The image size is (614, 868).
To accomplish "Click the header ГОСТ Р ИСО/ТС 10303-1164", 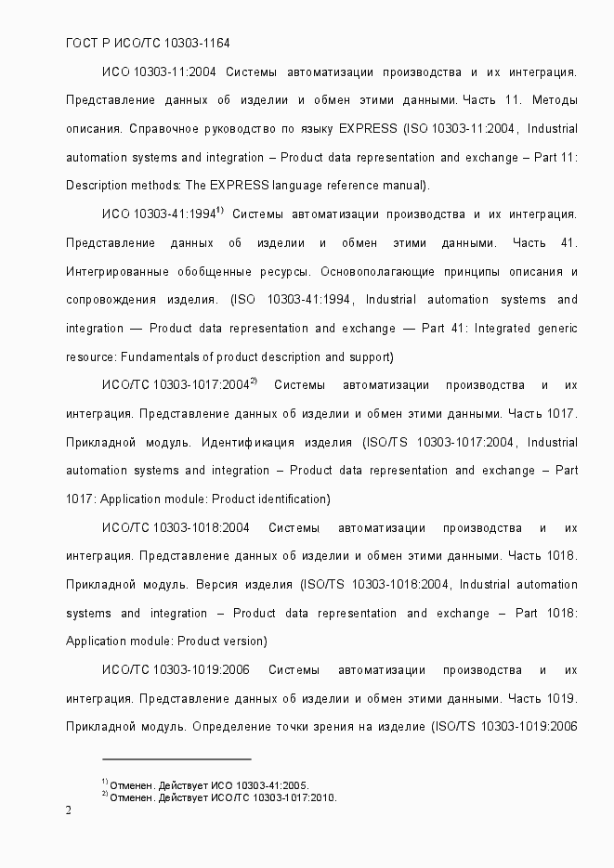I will coord(148,44).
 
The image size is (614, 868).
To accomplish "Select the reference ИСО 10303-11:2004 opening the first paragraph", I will coord(159,71).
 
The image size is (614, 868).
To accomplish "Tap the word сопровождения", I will coord(113,300).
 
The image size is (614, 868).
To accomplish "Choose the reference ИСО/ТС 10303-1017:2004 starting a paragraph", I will coord(176,385).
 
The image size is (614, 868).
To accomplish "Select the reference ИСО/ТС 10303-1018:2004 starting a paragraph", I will coord(176,528).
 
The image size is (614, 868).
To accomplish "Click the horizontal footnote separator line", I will coord(176,758).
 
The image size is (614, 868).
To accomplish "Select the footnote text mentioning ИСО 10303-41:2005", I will coord(209,784).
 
